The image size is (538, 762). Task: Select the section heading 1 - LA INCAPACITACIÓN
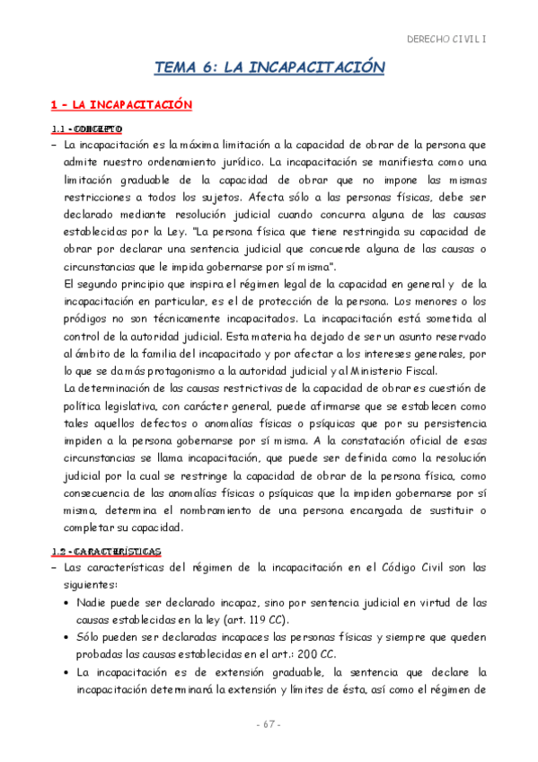pos(109,105)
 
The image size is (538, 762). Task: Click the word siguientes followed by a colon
pos(90,584)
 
